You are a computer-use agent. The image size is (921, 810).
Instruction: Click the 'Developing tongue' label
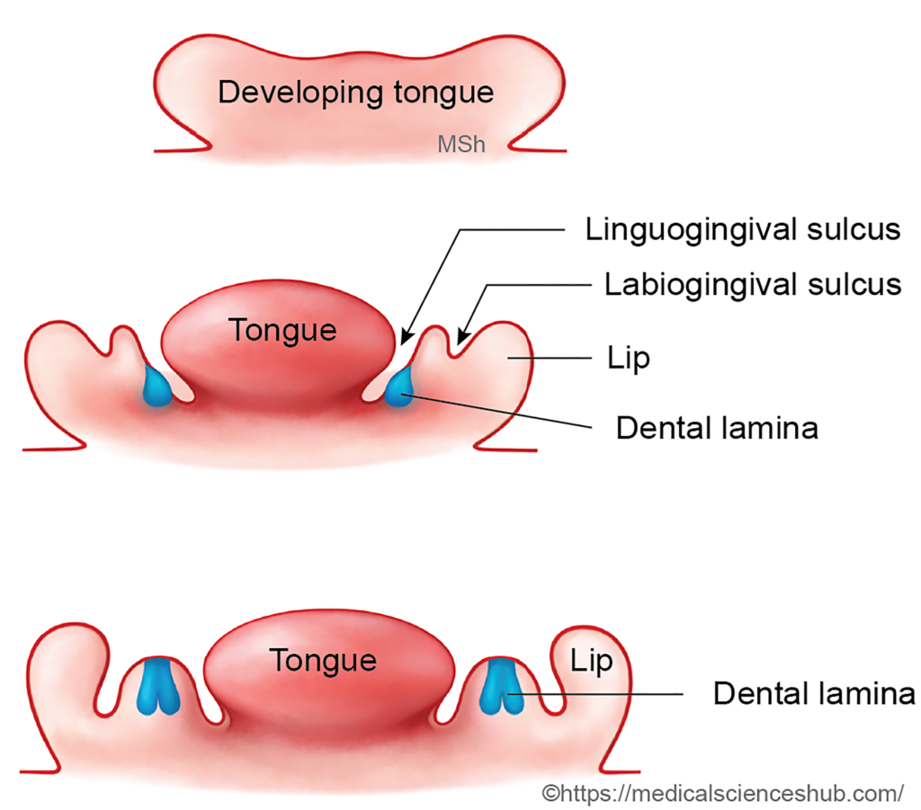(356, 92)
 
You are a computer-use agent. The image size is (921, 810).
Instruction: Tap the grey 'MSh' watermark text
(461, 144)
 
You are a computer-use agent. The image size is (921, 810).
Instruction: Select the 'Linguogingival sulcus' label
(742, 229)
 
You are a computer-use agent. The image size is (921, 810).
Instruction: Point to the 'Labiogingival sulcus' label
(752, 285)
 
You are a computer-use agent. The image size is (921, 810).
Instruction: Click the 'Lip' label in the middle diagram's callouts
(628, 359)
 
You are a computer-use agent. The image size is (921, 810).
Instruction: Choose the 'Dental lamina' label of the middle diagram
(716, 427)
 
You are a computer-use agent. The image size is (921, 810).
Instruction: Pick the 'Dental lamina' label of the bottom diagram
(814, 693)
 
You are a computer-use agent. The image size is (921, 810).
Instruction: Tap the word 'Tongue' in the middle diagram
(282, 330)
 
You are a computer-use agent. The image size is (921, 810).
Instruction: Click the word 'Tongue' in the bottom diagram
(323, 661)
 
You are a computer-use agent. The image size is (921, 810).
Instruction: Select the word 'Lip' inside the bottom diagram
(592, 662)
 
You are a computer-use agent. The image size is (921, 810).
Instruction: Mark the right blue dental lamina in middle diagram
(398, 387)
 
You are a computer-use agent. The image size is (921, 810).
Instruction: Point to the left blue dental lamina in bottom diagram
(159, 687)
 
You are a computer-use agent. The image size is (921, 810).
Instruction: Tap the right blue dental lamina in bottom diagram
(500, 687)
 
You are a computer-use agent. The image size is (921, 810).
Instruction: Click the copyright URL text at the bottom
(721, 793)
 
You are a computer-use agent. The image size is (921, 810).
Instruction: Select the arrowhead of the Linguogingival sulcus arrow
(403, 339)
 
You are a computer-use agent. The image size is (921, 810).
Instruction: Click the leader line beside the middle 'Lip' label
(558, 359)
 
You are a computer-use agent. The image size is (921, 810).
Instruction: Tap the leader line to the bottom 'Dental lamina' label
(603, 693)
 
